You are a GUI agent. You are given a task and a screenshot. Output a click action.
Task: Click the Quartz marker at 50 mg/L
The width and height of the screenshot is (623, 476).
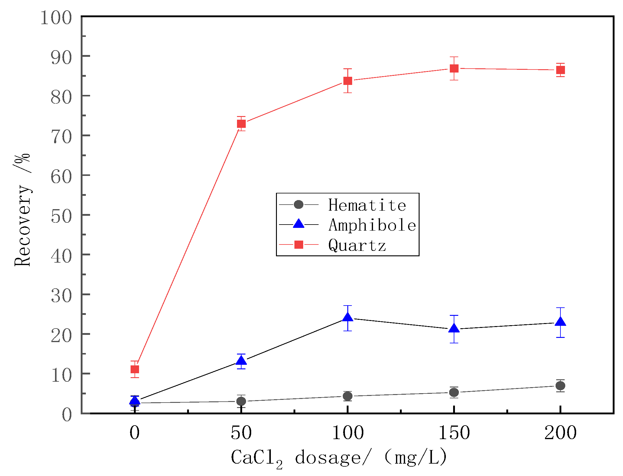pos(241,124)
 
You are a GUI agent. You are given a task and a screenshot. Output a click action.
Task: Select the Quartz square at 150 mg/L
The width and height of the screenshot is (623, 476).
pos(454,68)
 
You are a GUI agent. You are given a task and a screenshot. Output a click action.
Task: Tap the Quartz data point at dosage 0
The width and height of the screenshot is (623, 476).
pos(135,369)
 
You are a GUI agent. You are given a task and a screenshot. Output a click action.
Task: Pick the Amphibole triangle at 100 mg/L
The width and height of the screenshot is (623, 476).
pos(348,317)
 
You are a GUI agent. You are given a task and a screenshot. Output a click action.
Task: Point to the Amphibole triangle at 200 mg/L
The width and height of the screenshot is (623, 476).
pos(560,322)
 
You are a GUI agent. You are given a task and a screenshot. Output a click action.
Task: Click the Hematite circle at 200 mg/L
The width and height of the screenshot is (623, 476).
pos(560,386)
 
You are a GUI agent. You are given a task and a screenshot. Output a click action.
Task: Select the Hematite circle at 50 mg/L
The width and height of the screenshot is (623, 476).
pos(241,401)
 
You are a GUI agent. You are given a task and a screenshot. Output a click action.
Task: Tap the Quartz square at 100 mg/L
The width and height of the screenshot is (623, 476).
pos(348,81)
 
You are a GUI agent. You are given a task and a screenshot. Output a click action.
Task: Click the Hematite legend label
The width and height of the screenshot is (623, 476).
pos(367,205)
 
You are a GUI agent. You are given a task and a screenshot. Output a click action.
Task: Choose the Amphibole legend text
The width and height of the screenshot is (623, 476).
pos(372,225)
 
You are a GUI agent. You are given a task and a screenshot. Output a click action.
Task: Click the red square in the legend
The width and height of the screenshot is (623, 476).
pos(299,244)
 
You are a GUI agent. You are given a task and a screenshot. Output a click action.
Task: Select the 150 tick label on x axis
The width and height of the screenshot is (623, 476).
pos(454,433)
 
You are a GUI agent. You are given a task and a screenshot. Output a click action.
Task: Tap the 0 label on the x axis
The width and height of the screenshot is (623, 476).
pos(135,433)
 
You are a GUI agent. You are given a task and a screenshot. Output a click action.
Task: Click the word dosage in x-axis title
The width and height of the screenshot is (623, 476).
pos(328,457)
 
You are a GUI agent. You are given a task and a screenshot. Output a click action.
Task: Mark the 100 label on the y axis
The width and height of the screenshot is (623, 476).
pos(56,18)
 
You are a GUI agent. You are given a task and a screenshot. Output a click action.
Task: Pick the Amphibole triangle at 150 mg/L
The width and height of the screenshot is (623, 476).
pos(454,329)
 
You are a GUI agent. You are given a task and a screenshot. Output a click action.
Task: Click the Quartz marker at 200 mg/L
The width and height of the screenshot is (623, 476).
pos(560,70)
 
